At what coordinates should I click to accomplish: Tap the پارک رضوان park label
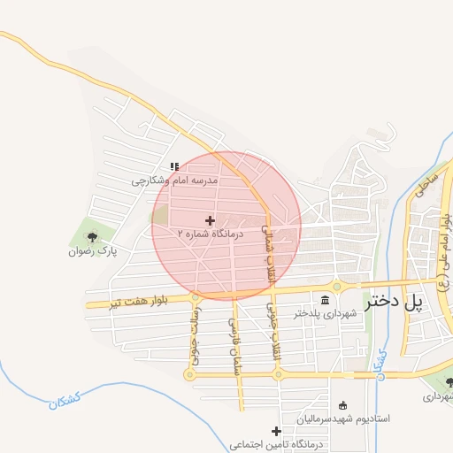tap(93, 251)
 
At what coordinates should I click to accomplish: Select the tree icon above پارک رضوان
tap(92, 236)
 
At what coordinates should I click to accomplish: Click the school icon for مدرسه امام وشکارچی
tap(175, 165)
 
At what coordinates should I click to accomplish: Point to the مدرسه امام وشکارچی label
tap(175, 180)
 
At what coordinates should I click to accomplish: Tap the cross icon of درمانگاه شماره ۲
tap(210, 220)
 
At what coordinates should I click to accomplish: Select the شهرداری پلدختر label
tap(326, 312)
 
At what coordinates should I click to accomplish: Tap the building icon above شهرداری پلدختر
tap(326, 298)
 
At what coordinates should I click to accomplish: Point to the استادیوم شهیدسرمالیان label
tap(343, 417)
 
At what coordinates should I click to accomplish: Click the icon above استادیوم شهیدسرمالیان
tap(343, 403)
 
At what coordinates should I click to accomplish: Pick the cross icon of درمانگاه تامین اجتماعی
tap(277, 432)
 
